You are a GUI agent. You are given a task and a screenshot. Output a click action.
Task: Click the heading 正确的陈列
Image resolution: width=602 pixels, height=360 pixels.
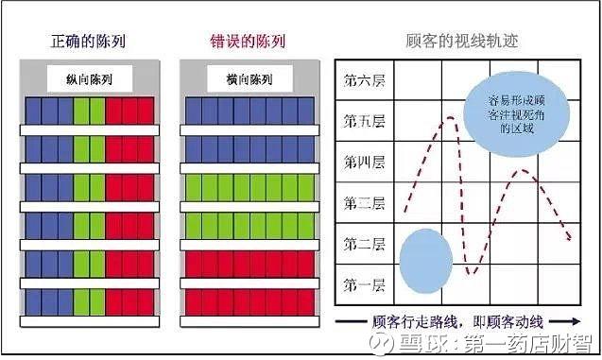[90, 42]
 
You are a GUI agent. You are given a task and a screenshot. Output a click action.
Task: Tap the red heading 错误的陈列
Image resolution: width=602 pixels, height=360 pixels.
[248, 42]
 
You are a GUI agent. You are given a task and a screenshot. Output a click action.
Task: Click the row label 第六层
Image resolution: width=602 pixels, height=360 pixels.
[364, 80]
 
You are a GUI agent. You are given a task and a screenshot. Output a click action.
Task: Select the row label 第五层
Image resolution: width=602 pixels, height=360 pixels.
[364, 122]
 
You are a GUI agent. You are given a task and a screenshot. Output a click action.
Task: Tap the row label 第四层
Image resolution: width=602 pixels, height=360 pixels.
[364, 163]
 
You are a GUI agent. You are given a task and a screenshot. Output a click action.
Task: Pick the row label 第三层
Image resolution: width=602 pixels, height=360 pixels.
[364, 203]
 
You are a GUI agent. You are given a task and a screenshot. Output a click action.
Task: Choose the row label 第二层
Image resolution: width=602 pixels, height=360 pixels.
[364, 244]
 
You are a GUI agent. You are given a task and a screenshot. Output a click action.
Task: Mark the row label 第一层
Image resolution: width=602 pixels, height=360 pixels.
[364, 283]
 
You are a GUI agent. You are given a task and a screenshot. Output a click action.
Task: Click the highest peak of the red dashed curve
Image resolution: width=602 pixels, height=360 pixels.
[452, 118]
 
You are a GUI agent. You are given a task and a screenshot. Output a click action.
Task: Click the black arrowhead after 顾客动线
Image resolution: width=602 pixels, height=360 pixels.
[547, 320]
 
